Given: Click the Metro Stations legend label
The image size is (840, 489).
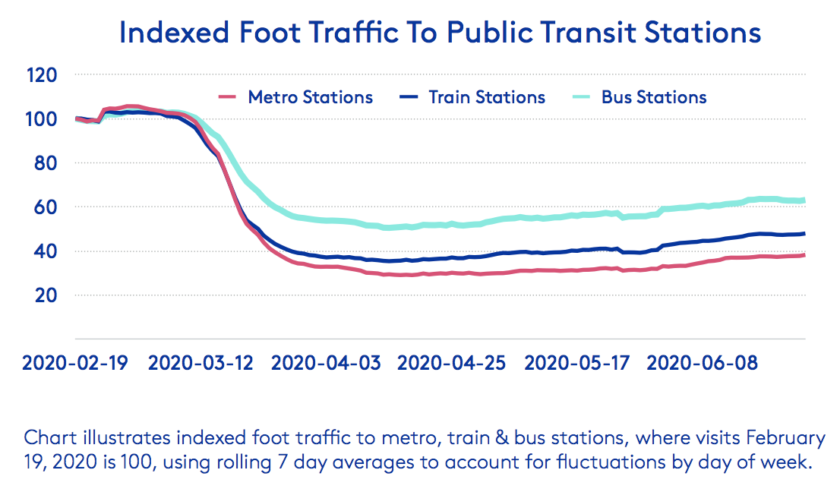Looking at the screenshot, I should [x=311, y=97].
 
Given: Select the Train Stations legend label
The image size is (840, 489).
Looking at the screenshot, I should [x=487, y=97].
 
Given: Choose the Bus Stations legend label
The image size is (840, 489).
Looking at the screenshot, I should [x=654, y=97].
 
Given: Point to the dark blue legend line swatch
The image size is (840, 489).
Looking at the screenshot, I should [x=409, y=97].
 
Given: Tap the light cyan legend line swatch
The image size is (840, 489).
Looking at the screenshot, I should [x=580, y=97].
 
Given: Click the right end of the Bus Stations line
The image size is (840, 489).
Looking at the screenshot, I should [x=804, y=200].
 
